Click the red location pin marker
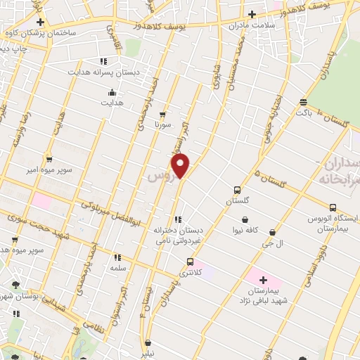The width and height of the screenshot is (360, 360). [181, 167]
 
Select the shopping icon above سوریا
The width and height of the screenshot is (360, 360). [163, 113]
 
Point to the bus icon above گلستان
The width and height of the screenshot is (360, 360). [237, 190]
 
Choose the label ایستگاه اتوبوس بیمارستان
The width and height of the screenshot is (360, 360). [333, 224]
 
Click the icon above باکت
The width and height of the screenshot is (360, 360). [303, 101]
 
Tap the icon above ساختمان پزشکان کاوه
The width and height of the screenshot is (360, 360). [40, 22]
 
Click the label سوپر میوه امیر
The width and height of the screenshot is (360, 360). [48, 169]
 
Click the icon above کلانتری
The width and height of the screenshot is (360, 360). [188, 262]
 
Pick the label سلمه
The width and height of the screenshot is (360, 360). [117, 269]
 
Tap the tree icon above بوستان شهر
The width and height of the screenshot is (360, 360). [15, 285]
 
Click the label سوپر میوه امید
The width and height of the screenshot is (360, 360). [30, 250]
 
